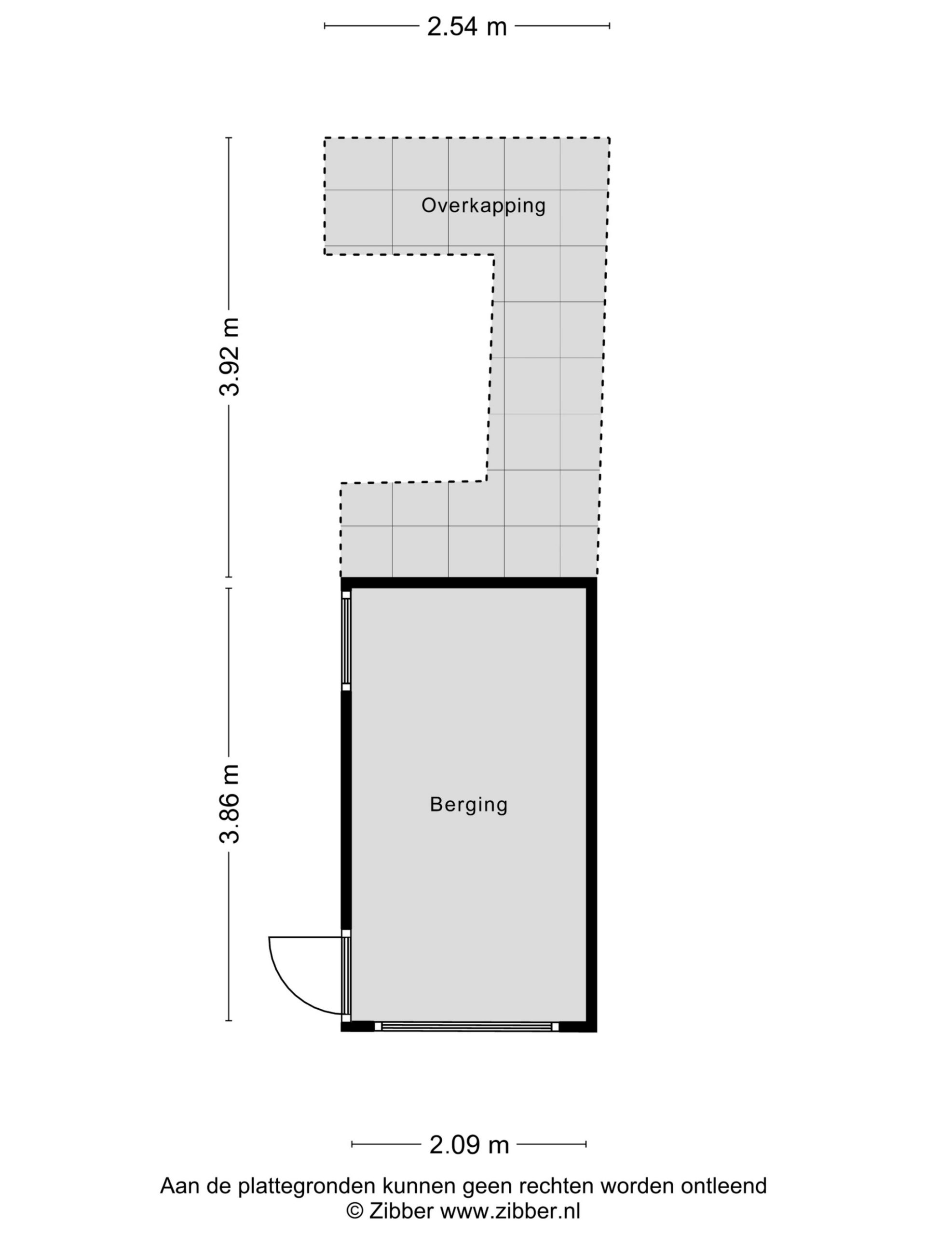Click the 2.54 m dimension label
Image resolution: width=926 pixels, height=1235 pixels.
tap(467, 26)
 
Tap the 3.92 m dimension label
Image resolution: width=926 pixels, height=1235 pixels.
tap(230, 357)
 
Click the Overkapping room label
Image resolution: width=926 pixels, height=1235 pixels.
tap(483, 206)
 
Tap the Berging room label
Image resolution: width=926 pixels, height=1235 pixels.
tap(469, 805)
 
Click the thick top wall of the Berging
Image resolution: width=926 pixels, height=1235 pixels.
tap(469, 583)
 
